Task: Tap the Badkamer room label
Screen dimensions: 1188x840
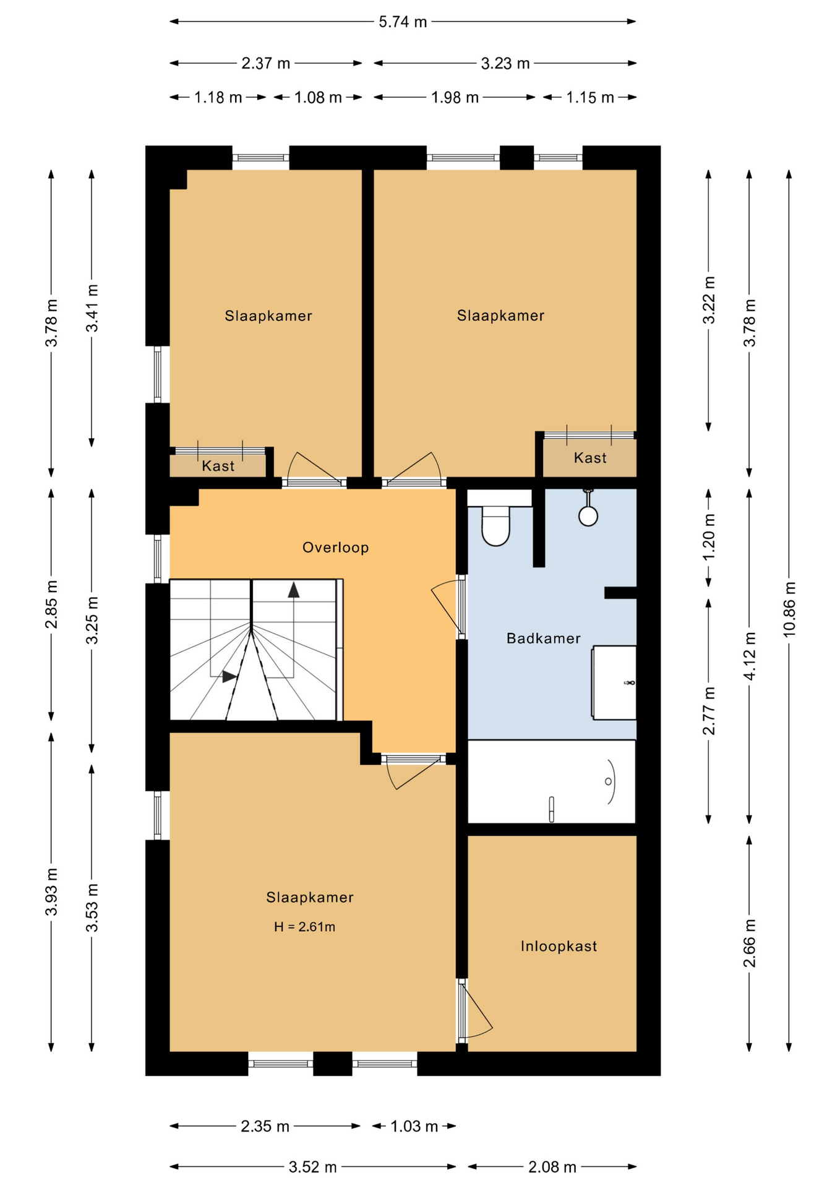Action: tap(543, 638)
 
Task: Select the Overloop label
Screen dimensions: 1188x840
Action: tap(335, 547)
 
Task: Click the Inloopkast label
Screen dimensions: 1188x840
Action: tap(558, 946)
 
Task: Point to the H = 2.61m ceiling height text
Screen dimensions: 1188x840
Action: tap(304, 926)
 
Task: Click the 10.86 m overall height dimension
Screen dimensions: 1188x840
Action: tap(789, 609)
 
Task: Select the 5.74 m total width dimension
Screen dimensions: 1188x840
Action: tap(403, 22)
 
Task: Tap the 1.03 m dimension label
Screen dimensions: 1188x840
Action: tap(414, 1126)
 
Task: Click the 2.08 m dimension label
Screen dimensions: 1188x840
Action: tap(552, 1167)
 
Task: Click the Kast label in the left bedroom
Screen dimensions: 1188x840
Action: tap(218, 466)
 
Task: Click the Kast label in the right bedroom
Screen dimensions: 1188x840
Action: tap(589, 458)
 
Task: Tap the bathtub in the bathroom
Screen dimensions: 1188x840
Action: tap(551, 781)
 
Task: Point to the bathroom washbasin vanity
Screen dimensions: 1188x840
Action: tap(614, 682)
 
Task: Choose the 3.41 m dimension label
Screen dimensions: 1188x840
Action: tap(92, 308)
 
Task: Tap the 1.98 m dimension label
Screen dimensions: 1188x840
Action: tap(455, 97)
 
